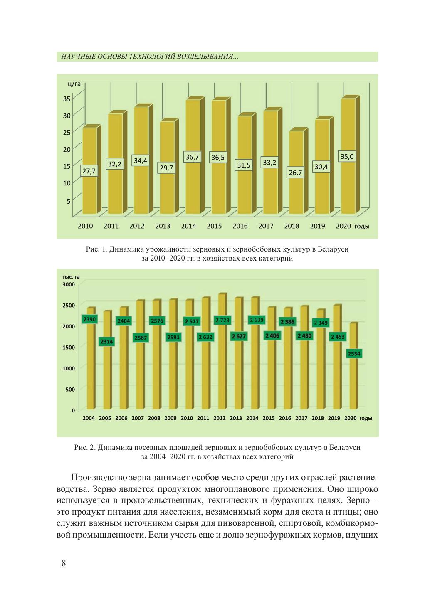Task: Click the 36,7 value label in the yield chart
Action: (192, 157)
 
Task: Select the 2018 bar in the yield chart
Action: (297, 195)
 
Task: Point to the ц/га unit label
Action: (74, 84)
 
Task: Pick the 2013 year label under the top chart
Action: (163, 226)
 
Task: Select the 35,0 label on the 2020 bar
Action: (347, 157)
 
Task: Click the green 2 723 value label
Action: (222, 320)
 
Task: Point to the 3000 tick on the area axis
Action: (69, 284)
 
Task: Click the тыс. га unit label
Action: (71, 277)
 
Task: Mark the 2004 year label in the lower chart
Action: (89, 418)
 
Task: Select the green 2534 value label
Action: (354, 354)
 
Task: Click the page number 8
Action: (64, 563)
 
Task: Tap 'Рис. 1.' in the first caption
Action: (96, 250)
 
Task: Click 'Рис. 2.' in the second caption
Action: (84, 448)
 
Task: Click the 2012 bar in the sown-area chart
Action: (222, 374)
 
